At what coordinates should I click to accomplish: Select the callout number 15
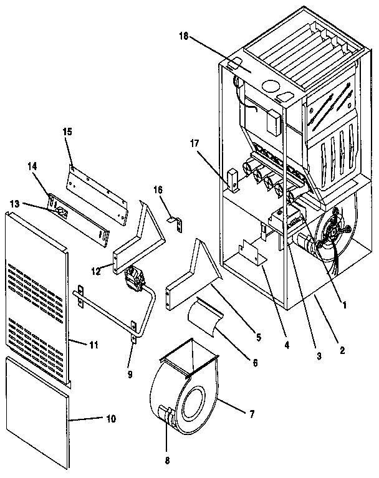tap(67, 131)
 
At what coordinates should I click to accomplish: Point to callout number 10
tap(110, 419)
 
